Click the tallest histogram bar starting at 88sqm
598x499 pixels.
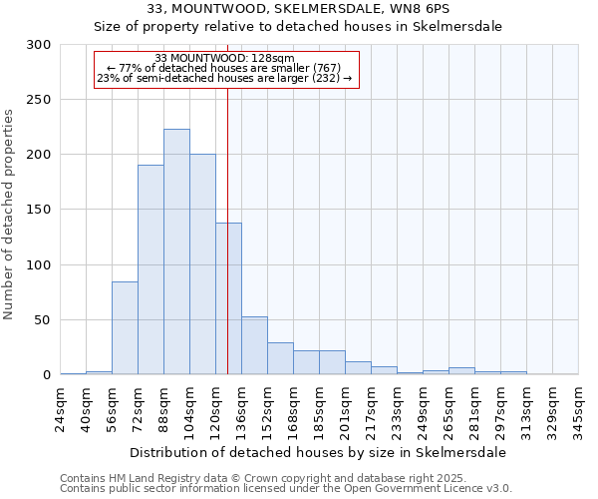point(176,251)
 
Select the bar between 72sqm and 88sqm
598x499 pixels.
point(150,269)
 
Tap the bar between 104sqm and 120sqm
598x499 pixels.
point(202,264)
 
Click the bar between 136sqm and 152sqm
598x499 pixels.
point(254,345)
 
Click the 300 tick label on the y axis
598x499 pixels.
point(39,45)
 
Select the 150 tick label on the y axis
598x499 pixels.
point(39,210)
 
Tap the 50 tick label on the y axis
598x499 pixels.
point(43,320)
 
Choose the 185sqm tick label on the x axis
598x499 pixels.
point(320,409)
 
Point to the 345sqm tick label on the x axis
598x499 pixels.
point(579,409)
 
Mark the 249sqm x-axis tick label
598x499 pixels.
point(424,409)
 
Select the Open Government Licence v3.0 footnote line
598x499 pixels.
point(285,489)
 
